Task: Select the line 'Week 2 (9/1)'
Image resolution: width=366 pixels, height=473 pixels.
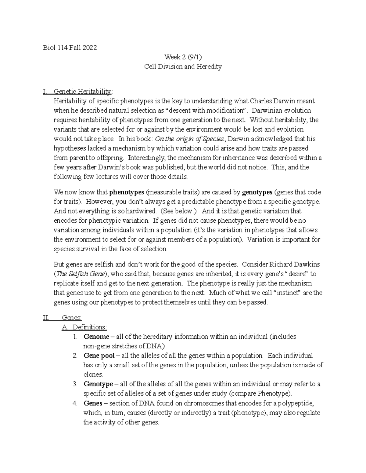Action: (x=183, y=57)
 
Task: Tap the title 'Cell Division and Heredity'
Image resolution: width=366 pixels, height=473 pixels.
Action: (x=183, y=66)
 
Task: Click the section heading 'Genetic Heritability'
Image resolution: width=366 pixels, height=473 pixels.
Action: (x=82, y=91)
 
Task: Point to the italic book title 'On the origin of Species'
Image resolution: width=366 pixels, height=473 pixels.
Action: (x=189, y=139)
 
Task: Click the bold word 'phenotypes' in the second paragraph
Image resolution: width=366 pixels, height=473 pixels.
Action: (x=127, y=192)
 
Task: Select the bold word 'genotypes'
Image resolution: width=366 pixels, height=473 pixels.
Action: (x=257, y=192)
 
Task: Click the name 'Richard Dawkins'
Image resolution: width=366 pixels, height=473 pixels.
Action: (x=294, y=264)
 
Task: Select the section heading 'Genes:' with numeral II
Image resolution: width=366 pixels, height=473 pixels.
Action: (x=72, y=318)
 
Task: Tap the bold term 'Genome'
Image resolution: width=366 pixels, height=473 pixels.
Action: (x=96, y=337)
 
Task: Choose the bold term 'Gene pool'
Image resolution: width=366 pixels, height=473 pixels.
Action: (x=99, y=355)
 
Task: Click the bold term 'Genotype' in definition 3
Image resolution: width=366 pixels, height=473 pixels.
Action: (x=98, y=384)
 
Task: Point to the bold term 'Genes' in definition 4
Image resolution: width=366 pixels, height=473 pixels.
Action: (x=93, y=403)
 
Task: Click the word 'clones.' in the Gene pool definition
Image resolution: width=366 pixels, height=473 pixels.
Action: (x=93, y=375)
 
